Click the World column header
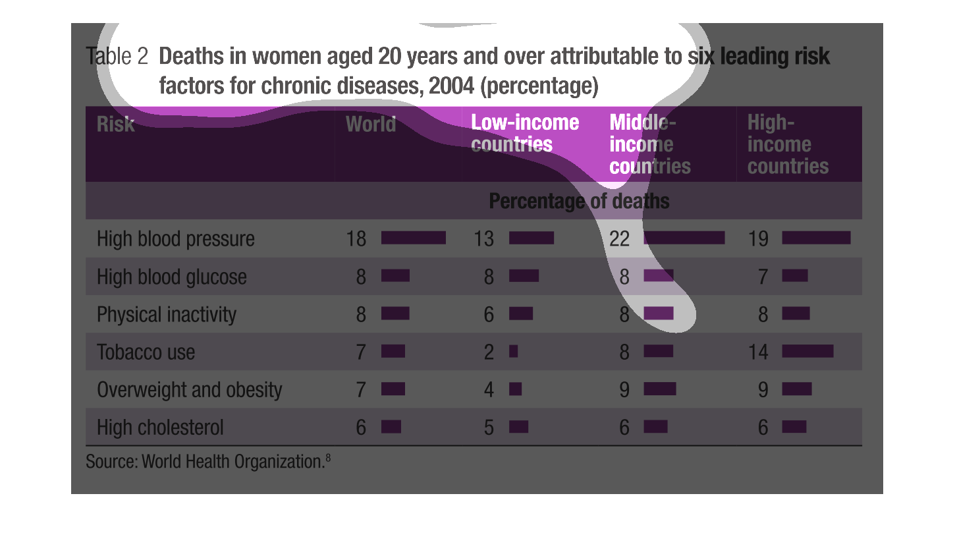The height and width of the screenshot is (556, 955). pos(371,124)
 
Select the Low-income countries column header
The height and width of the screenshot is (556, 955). pos(525,134)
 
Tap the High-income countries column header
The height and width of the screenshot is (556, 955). pos(788,144)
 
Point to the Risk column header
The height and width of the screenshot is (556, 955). pos(115,124)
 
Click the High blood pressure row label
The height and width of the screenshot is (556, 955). pos(176,238)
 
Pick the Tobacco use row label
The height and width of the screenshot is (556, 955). pos(146,352)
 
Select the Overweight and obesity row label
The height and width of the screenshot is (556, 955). pos(189,390)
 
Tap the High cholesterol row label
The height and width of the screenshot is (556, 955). pos(160,428)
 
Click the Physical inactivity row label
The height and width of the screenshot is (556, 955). pos(166,315)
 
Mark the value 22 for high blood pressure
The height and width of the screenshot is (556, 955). pos(620,238)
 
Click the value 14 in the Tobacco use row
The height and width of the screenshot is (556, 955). pos(758,352)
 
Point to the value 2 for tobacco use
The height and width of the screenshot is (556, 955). pos(489,352)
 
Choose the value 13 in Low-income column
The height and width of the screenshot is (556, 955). pos(484,238)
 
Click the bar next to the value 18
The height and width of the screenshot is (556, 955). pos(414,238)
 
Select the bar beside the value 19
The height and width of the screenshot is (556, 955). pos(816,238)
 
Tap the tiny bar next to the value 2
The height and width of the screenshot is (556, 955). pos(513,351)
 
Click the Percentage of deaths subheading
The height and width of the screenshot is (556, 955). pos(579,201)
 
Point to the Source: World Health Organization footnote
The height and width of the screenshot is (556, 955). pos(208,461)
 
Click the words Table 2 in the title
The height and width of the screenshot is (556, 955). pos(117,56)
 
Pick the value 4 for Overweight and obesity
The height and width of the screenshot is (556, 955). pos(489,390)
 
